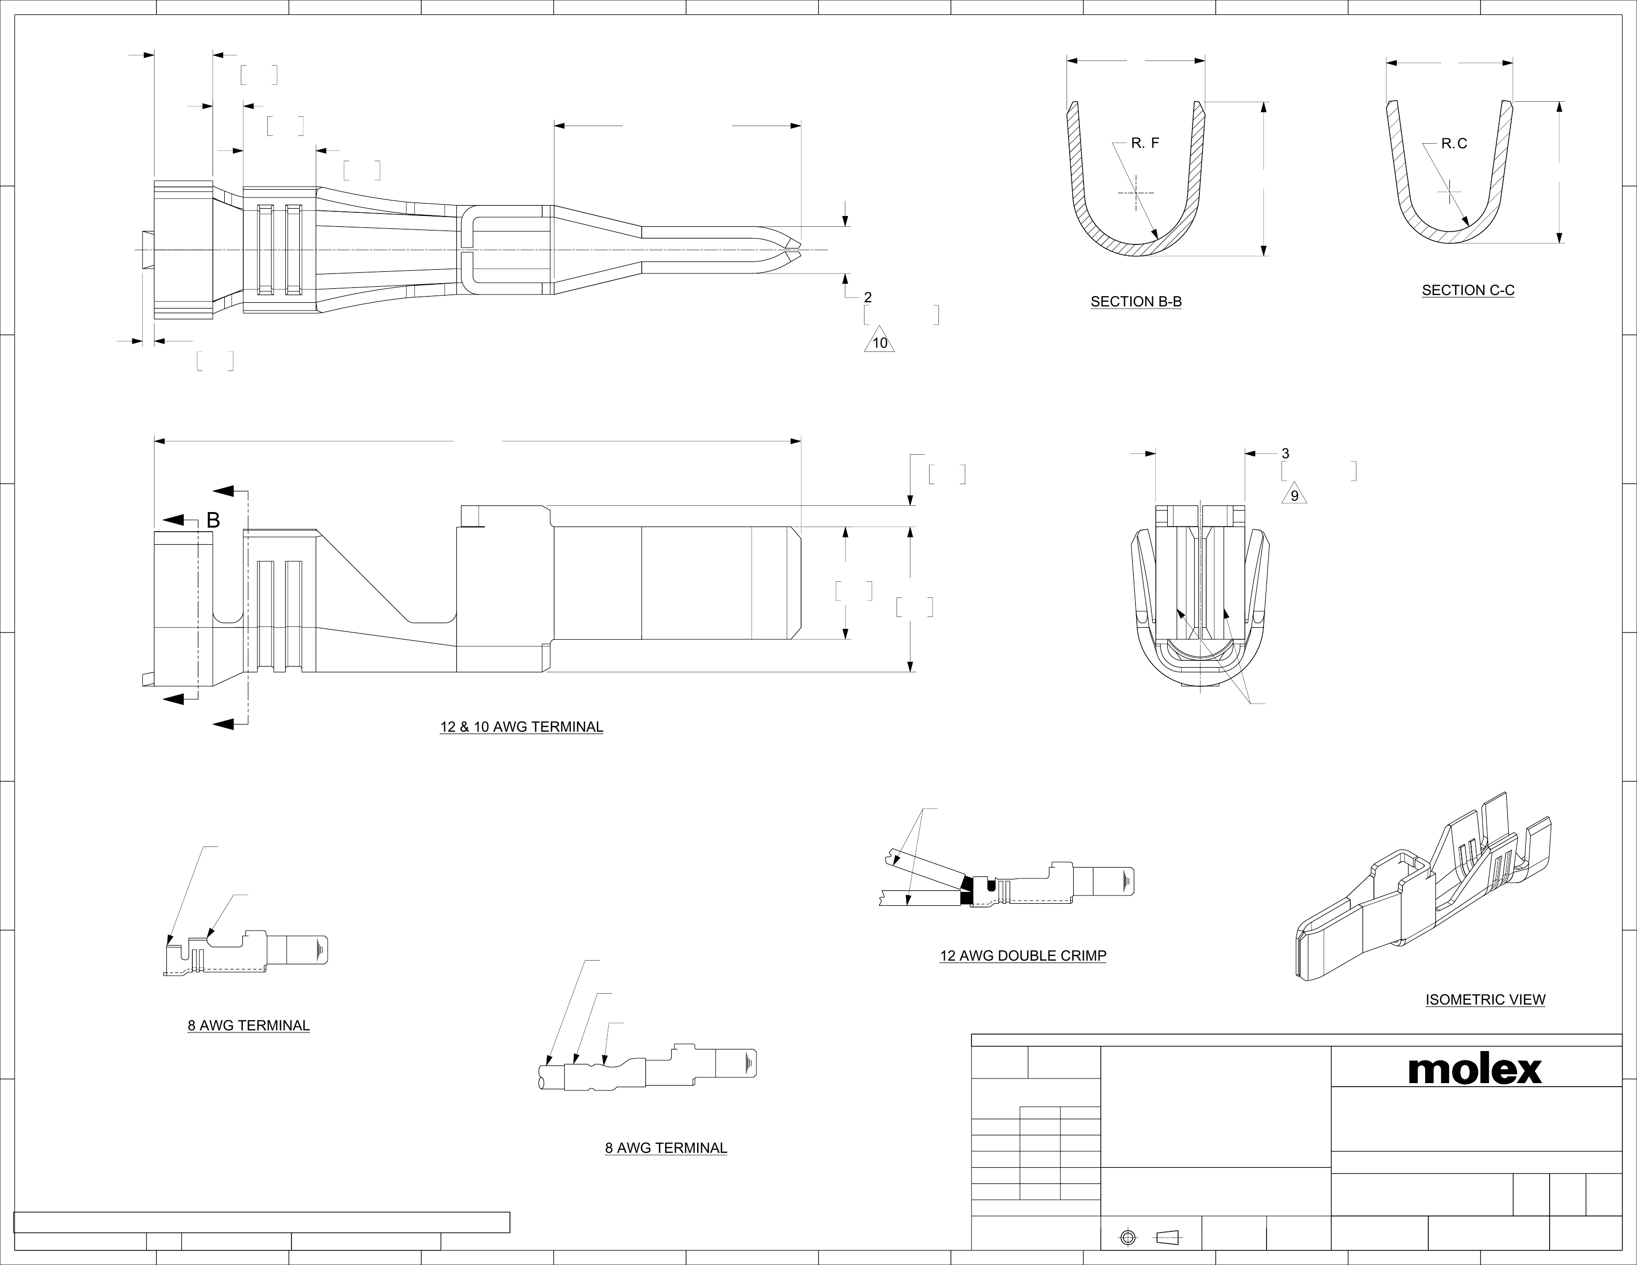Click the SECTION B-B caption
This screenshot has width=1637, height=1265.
[x=1136, y=302]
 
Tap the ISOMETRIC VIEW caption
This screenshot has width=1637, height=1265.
[x=1485, y=1000]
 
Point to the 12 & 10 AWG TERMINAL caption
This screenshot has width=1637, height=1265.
[x=521, y=727]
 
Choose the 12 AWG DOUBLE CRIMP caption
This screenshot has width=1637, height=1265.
[x=1023, y=957]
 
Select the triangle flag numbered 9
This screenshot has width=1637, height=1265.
[x=1294, y=496]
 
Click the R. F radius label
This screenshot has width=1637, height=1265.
[x=1145, y=143]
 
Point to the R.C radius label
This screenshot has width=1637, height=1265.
[x=1454, y=143]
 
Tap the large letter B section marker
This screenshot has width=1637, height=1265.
[x=213, y=520]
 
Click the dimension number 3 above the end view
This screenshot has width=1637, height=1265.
[x=1286, y=453]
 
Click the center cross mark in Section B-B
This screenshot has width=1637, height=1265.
[x=1136, y=193]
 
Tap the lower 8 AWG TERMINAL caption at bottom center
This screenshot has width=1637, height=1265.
[x=666, y=1148]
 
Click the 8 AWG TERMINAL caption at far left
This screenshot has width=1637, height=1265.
[x=248, y=1026]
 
